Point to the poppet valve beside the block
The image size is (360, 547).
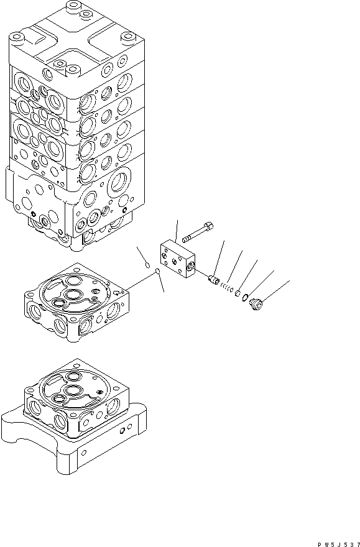[x=214, y=280]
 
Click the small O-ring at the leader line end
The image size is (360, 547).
[x=159, y=272]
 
